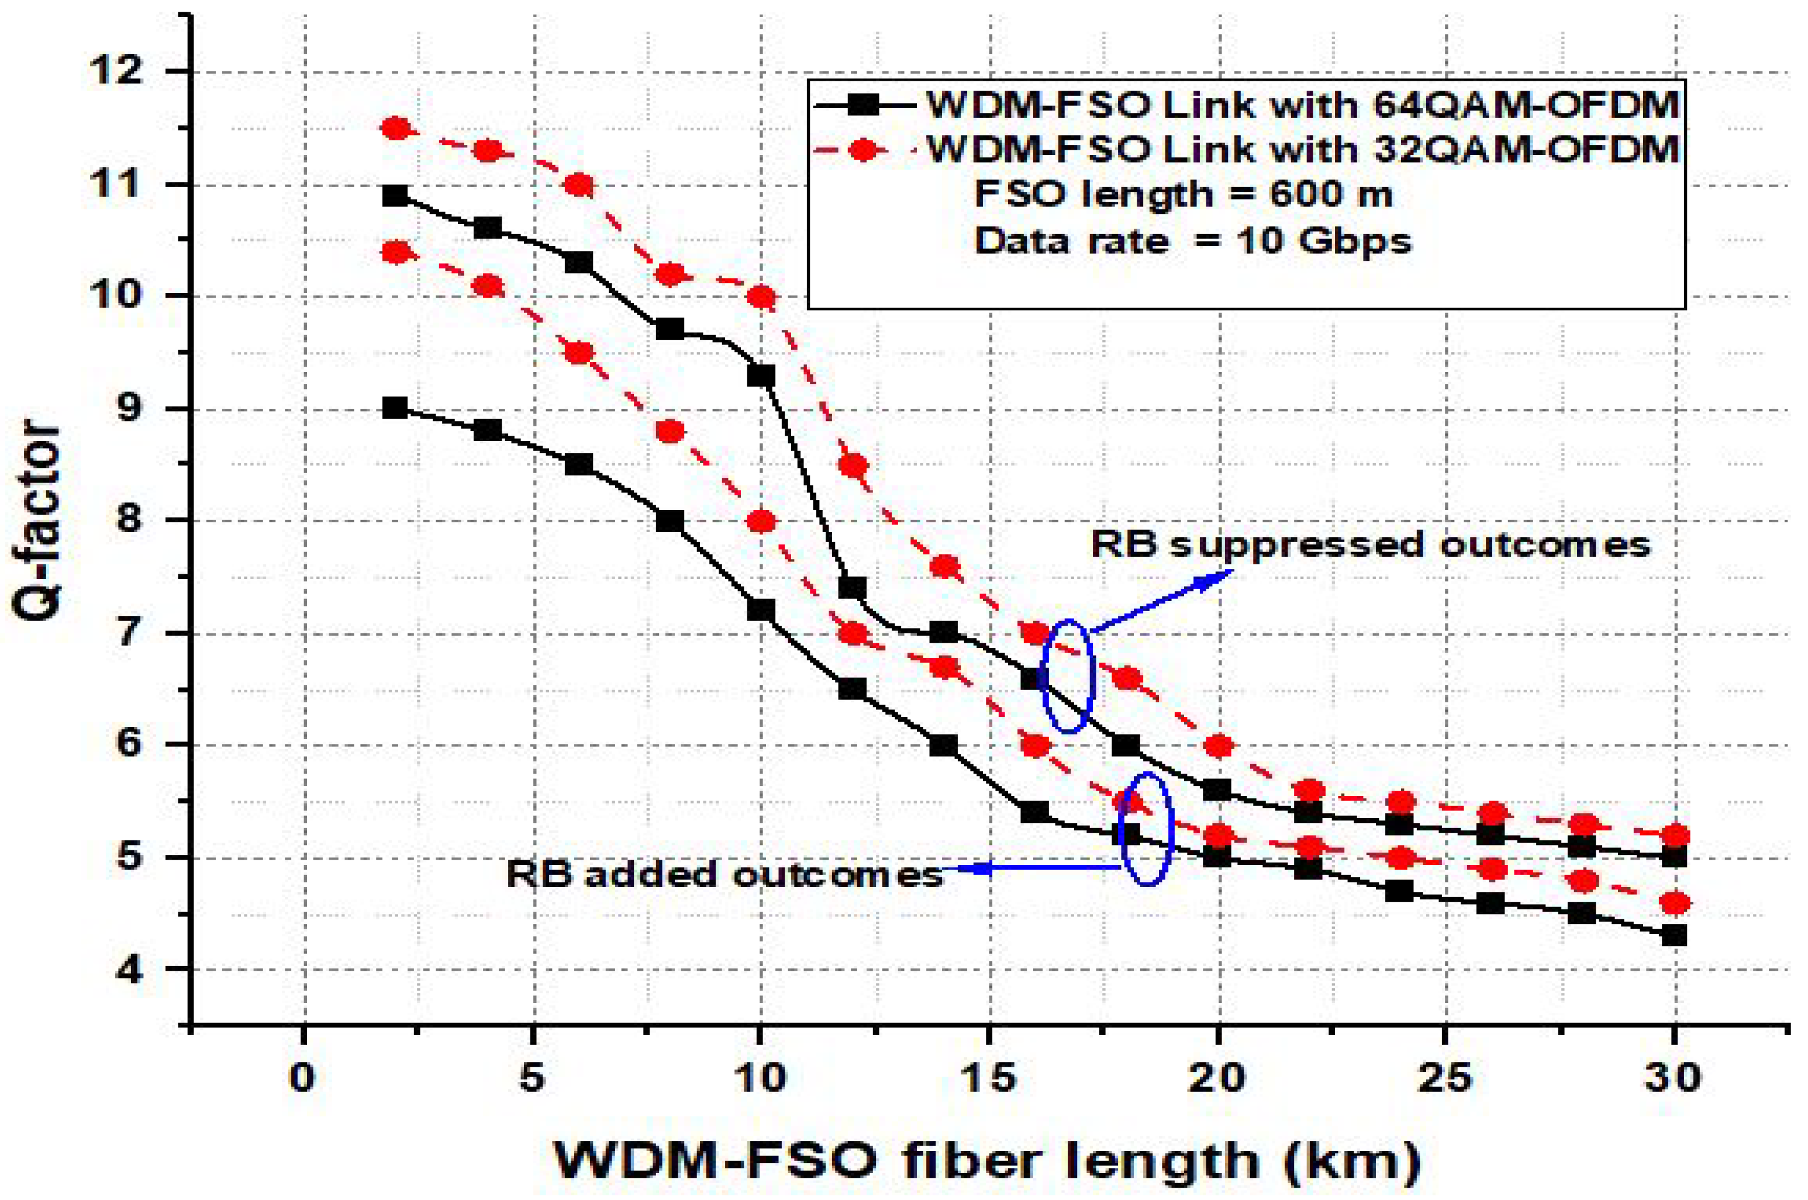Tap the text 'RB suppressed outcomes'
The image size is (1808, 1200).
[x=1369, y=544]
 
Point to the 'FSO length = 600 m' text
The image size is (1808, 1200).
[x=1182, y=194]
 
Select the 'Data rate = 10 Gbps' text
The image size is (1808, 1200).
[x=1192, y=241]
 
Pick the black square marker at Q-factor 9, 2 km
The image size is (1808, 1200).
[x=395, y=408]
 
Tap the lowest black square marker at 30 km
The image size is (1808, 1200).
[x=1674, y=935]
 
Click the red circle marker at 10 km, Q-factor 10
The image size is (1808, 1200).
[x=761, y=297]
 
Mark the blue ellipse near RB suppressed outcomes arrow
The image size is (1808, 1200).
[x=1069, y=677]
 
